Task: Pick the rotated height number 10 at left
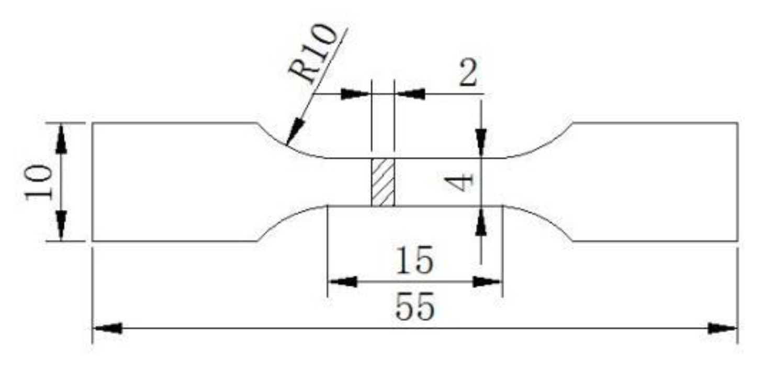point(40,182)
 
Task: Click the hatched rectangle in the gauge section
point(383,182)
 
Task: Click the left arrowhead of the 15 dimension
point(343,282)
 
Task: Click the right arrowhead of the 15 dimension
point(487,282)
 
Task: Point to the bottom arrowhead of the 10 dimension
point(62,226)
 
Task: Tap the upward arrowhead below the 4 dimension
point(481,222)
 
